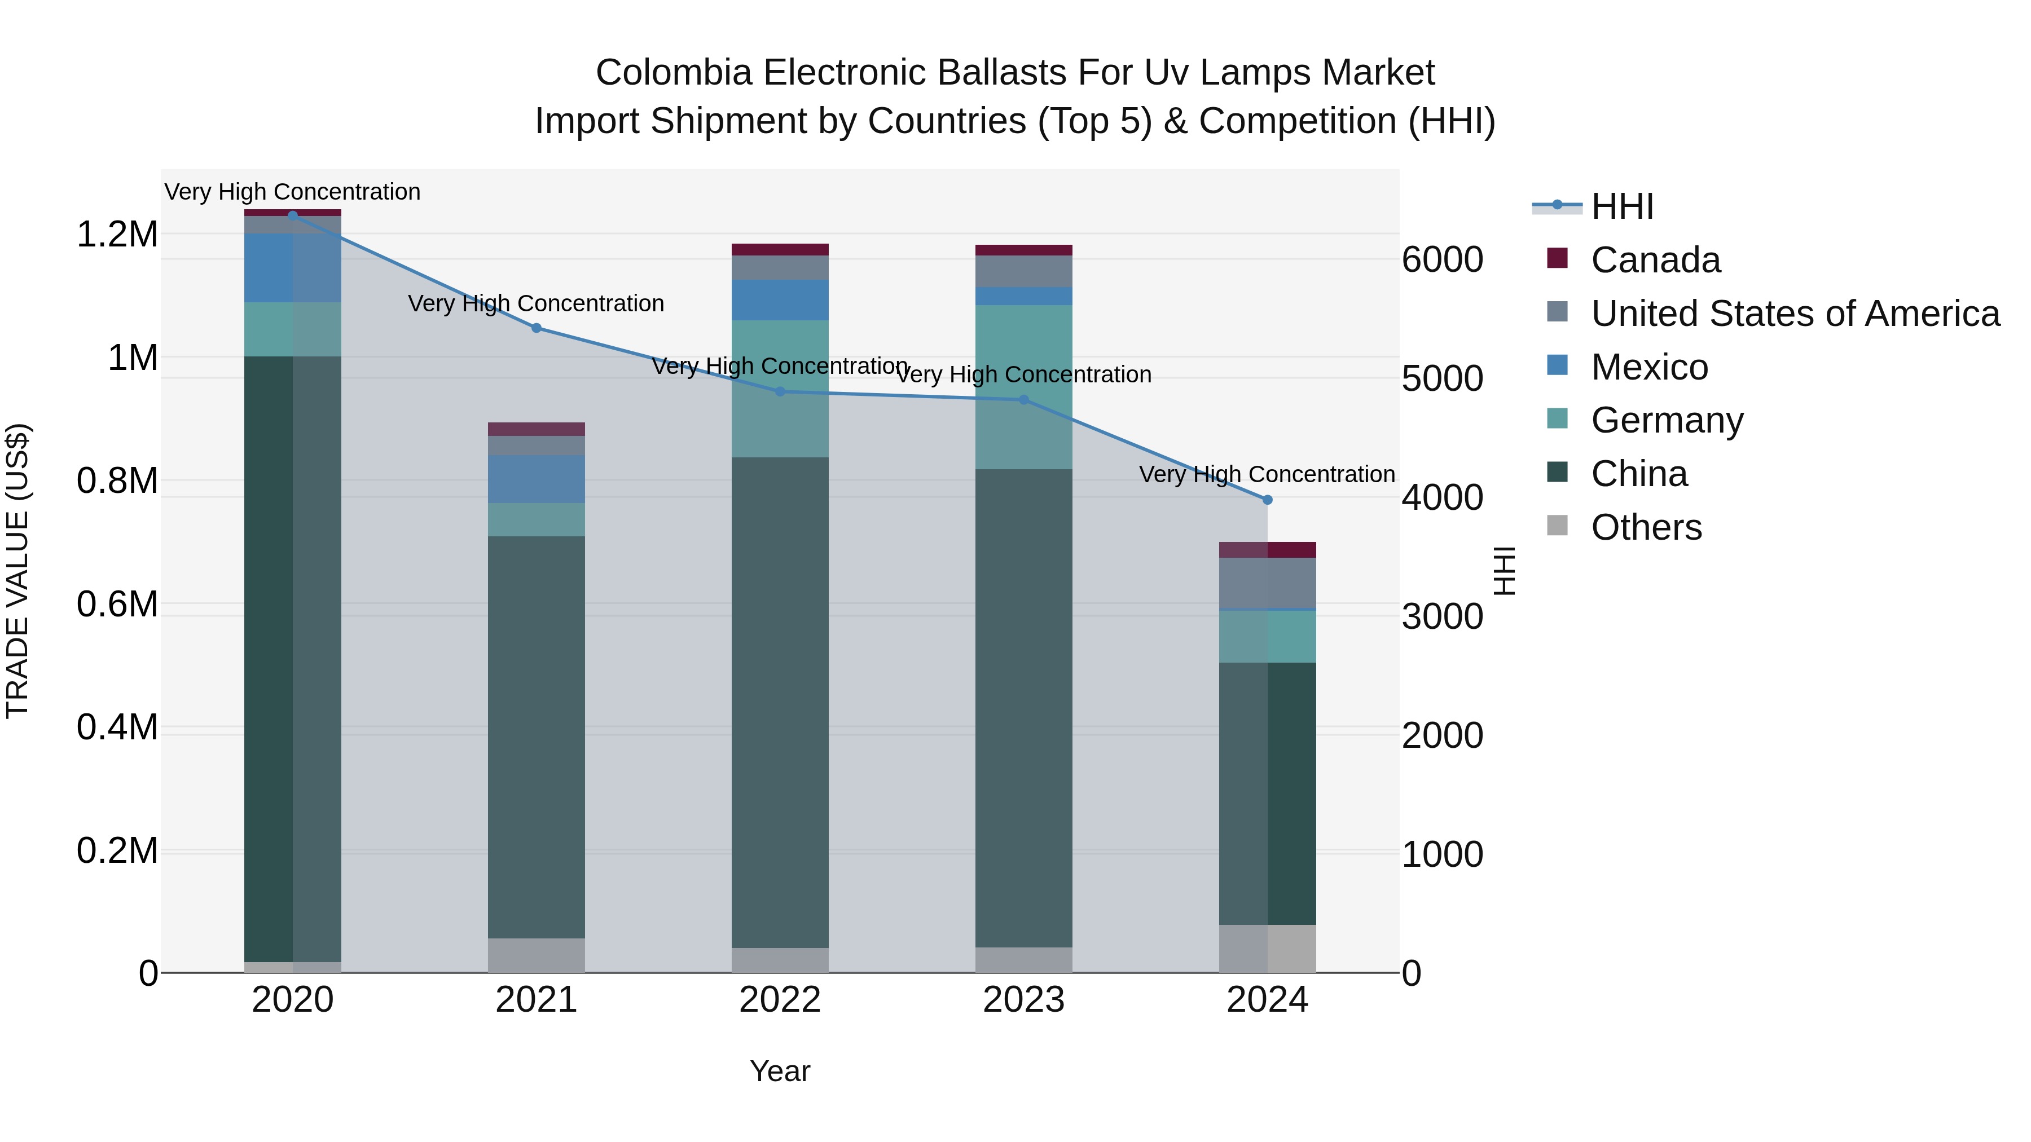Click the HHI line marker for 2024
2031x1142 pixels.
(1267, 500)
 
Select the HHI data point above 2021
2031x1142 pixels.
(536, 328)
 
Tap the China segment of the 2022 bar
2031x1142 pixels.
(780, 702)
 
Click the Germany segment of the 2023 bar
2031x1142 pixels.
(1023, 386)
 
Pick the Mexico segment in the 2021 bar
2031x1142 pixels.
(536, 478)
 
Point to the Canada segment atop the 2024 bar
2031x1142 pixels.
(1267, 549)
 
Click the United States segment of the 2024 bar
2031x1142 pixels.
(1267, 583)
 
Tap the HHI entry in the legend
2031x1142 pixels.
(1622, 206)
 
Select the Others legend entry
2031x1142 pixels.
(1646, 527)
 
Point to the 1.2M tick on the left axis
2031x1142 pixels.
(117, 235)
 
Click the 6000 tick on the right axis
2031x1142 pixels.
(1442, 260)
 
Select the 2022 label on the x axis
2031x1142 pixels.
(780, 1000)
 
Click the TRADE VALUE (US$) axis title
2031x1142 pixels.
(17, 571)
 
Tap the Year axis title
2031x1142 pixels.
(780, 1071)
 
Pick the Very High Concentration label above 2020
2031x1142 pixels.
(292, 192)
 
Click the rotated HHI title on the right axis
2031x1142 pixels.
(1504, 571)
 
